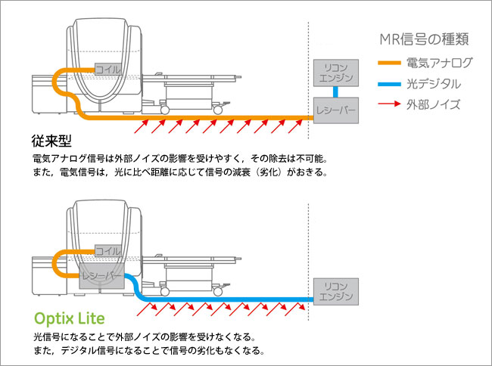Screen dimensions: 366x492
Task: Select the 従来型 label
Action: click(52, 141)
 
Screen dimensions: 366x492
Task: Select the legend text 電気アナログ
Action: click(439, 62)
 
